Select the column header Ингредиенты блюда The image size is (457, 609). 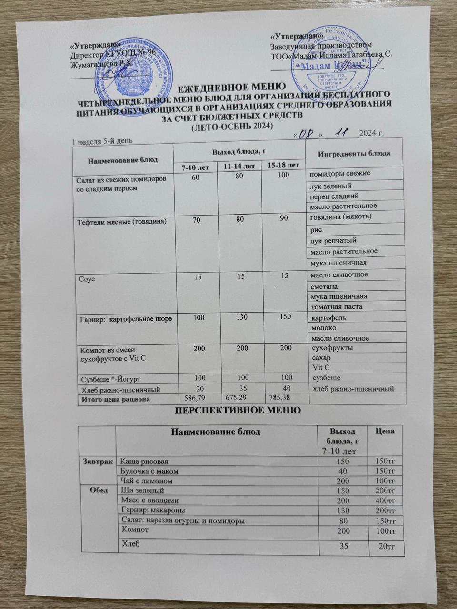pos(354,153)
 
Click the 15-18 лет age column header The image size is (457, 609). pos(283,166)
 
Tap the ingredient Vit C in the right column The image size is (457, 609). pos(320,368)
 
